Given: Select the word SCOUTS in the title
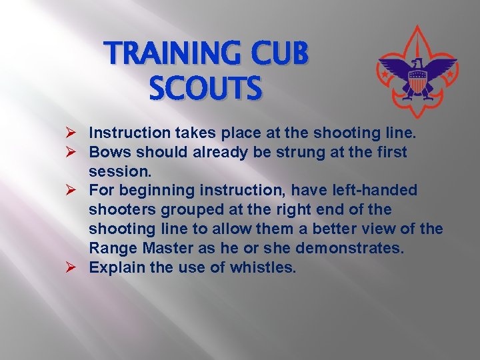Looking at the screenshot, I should click(205, 88).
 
